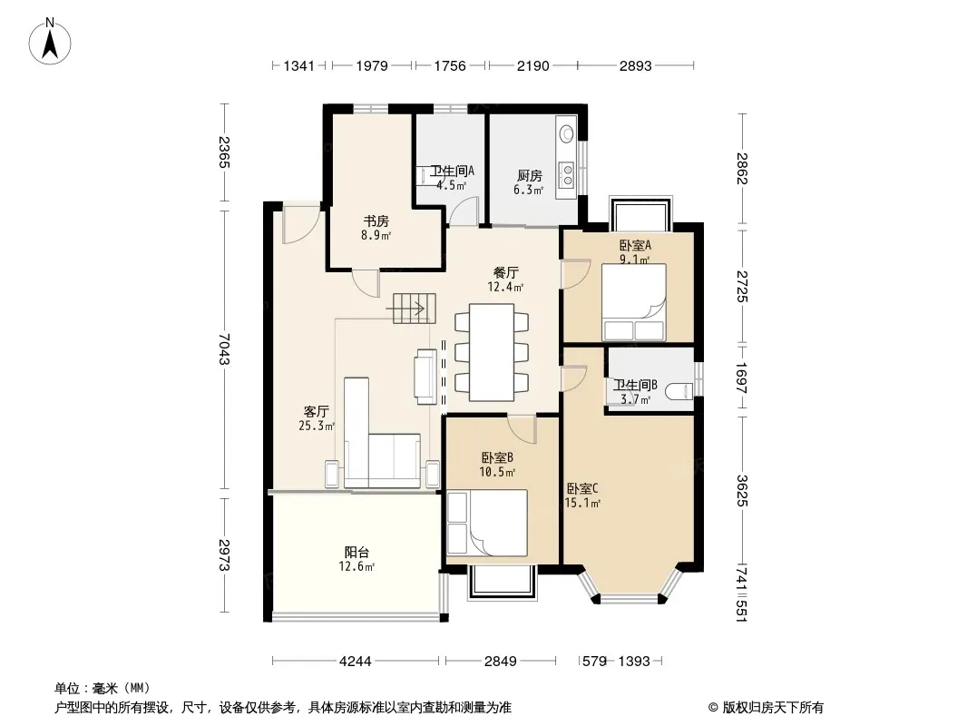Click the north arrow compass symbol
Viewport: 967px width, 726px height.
point(50,42)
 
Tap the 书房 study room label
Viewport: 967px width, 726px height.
point(376,221)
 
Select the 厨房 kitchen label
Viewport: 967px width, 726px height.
point(529,176)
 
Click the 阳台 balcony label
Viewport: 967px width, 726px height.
point(357,552)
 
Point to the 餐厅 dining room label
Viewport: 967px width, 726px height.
point(505,272)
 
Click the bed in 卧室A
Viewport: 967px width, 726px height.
point(634,302)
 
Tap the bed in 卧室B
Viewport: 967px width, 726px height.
point(487,523)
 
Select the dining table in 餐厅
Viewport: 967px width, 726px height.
point(492,352)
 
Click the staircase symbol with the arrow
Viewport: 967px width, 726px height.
point(415,308)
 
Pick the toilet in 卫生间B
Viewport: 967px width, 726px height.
point(680,391)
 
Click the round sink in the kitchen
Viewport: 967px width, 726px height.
point(566,133)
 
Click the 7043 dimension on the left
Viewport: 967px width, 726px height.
point(224,349)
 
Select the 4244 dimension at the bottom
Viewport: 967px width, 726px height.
point(356,662)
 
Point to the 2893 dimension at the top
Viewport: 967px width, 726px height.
point(635,65)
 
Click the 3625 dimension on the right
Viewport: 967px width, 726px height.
point(742,491)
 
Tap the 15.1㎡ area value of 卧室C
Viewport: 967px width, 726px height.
point(582,504)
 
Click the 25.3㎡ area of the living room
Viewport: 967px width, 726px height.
point(317,426)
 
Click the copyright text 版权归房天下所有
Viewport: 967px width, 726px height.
point(773,708)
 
